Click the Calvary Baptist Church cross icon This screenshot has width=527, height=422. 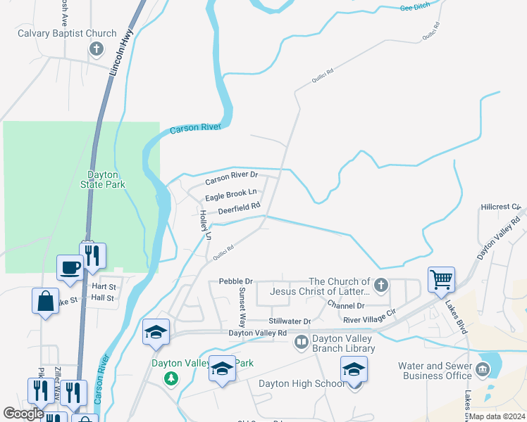click(x=97, y=49)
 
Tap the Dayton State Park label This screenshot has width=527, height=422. click(x=106, y=179)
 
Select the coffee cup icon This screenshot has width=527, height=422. click(x=70, y=268)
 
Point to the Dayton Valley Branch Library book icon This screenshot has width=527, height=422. click(x=301, y=342)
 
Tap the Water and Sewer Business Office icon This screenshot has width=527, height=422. click(x=483, y=370)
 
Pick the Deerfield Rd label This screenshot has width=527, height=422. click(x=239, y=208)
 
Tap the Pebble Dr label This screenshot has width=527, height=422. click(x=235, y=281)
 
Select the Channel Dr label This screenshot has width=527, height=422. click(x=345, y=306)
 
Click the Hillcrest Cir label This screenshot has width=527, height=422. click(x=501, y=207)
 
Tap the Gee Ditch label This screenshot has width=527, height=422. click(x=414, y=7)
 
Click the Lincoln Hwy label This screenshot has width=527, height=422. click(x=122, y=57)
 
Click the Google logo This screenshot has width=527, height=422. click(x=23, y=414)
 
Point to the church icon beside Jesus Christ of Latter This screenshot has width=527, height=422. click(x=381, y=285)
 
